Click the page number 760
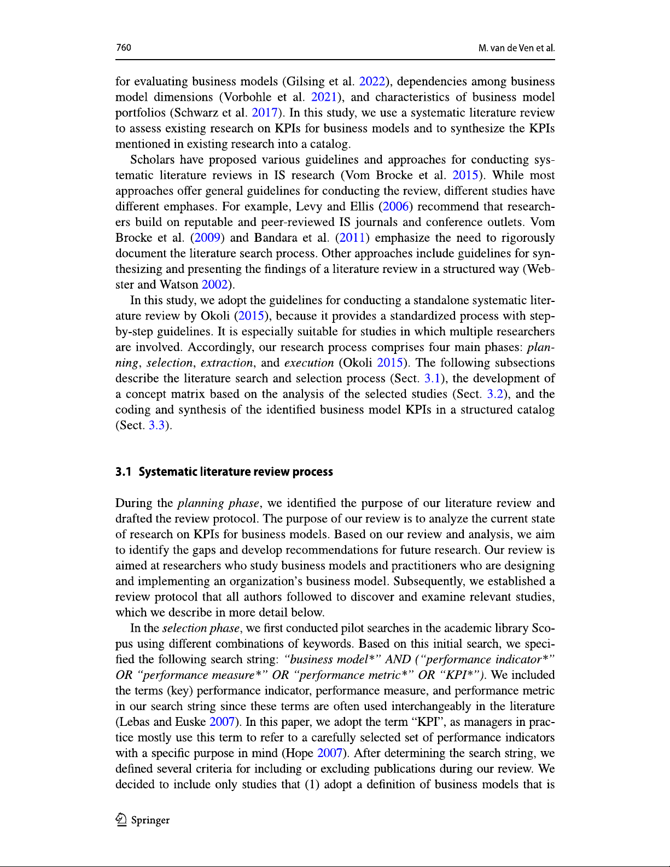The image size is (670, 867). tap(124, 48)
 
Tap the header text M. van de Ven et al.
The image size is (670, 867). tap(516, 48)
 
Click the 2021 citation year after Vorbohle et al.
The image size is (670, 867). tap(324, 97)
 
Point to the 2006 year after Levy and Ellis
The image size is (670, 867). tap(395, 207)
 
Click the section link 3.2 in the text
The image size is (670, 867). tap(495, 394)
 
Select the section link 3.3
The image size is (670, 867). tap(156, 426)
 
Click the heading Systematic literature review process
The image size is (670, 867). tap(235, 472)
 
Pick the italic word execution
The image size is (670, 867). tap(309, 363)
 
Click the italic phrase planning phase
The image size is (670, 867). tap(218, 503)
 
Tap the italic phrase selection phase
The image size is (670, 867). tap(200, 629)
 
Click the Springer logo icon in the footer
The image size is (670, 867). tap(121, 819)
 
